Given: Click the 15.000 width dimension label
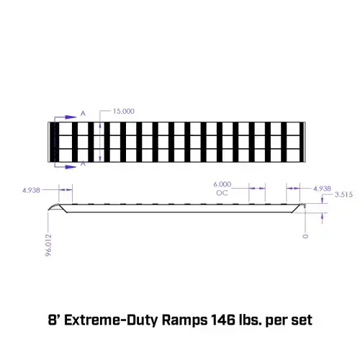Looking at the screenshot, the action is point(124,112).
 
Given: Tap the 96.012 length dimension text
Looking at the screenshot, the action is point(48,245).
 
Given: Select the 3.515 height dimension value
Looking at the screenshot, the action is point(343,194).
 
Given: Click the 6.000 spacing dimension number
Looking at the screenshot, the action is point(222,184).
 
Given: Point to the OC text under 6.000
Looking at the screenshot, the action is point(222,193).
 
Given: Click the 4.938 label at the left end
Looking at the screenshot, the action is point(31,190).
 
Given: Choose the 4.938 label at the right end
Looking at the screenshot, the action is point(322,189).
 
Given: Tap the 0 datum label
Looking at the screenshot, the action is point(305,236).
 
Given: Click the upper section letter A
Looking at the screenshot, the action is point(83,114).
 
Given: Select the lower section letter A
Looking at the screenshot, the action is point(83,163).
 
